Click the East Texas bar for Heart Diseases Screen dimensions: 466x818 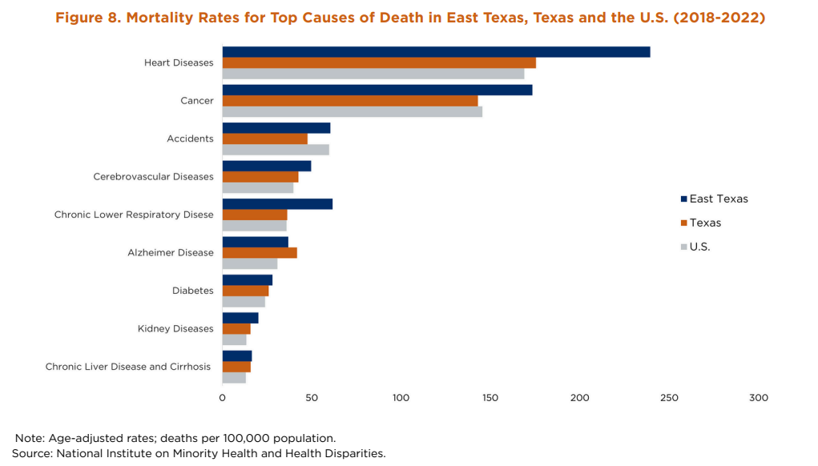[x=436, y=52]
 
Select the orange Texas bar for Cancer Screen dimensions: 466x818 [x=350, y=101]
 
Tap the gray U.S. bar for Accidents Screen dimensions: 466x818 [x=276, y=150]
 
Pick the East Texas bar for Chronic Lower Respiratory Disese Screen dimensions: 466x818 [x=277, y=204]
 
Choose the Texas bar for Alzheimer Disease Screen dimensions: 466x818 [x=260, y=253]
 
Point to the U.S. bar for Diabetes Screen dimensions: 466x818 [x=244, y=302]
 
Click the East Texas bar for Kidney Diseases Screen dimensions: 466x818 [x=240, y=318]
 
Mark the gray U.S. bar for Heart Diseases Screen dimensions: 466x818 [x=373, y=74]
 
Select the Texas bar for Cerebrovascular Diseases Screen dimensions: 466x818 [x=260, y=177]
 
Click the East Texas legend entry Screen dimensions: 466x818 [x=714, y=199]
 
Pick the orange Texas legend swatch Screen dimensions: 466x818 [x=683, y=223]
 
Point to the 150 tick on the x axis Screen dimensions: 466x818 [x=491, y=398]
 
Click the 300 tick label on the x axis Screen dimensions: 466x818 [x=758, y=398]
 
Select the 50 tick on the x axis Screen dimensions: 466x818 [x=312, y=398]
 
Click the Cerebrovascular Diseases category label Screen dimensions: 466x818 [x=153, y=177]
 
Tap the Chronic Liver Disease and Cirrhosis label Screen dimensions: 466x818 [x=128, y=367]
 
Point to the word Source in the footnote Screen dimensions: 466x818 [x=30, y=453]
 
